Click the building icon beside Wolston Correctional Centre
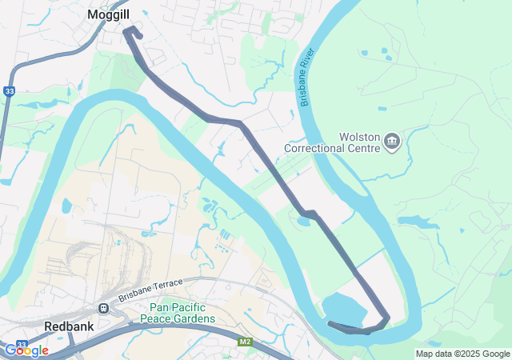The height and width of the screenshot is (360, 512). tap(392, 142)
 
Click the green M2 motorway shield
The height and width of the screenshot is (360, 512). tap(245, 342)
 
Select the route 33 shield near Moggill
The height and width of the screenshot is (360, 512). tap(8, 91)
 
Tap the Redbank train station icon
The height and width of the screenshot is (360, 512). tap(103, 309)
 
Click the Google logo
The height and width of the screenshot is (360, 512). tap(26, 350)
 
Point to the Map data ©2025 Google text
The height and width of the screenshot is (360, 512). tap(462, 354)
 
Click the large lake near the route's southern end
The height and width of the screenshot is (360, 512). tap(345, 310)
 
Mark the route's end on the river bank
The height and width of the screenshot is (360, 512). tap(331, 323)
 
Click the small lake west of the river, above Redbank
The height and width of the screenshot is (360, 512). tap(66, 206)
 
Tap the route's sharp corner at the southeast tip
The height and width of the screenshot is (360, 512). tap(388, 319)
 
